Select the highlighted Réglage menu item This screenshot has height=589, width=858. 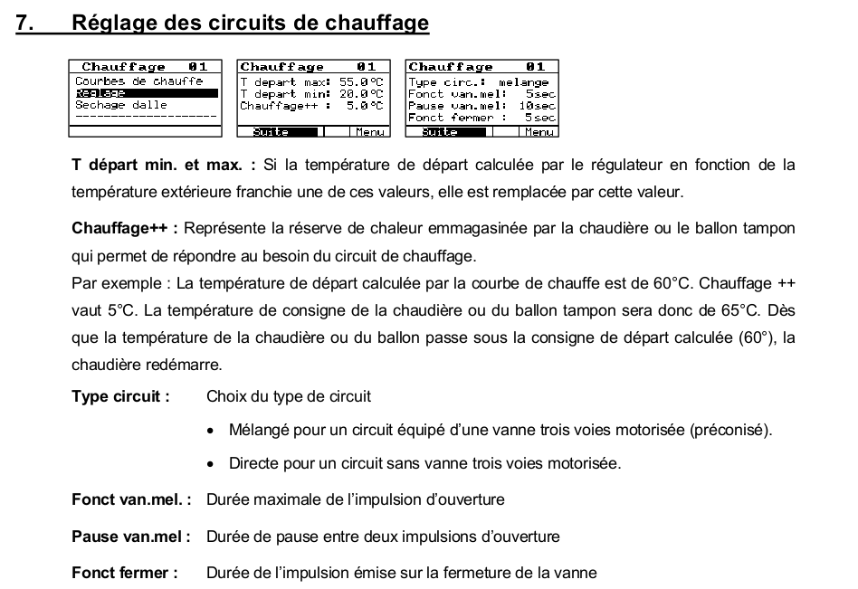(x=101, y=93)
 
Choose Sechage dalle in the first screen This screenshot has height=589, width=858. (x=120, y=105)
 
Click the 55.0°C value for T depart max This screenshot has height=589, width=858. (x=360, y=81)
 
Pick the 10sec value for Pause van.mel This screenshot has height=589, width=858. (x=537, y=106)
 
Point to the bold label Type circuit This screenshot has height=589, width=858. (x=120, y=396)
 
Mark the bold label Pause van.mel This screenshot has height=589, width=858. (x=130, y=537)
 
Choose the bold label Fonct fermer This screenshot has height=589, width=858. (x=124, y=573)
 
